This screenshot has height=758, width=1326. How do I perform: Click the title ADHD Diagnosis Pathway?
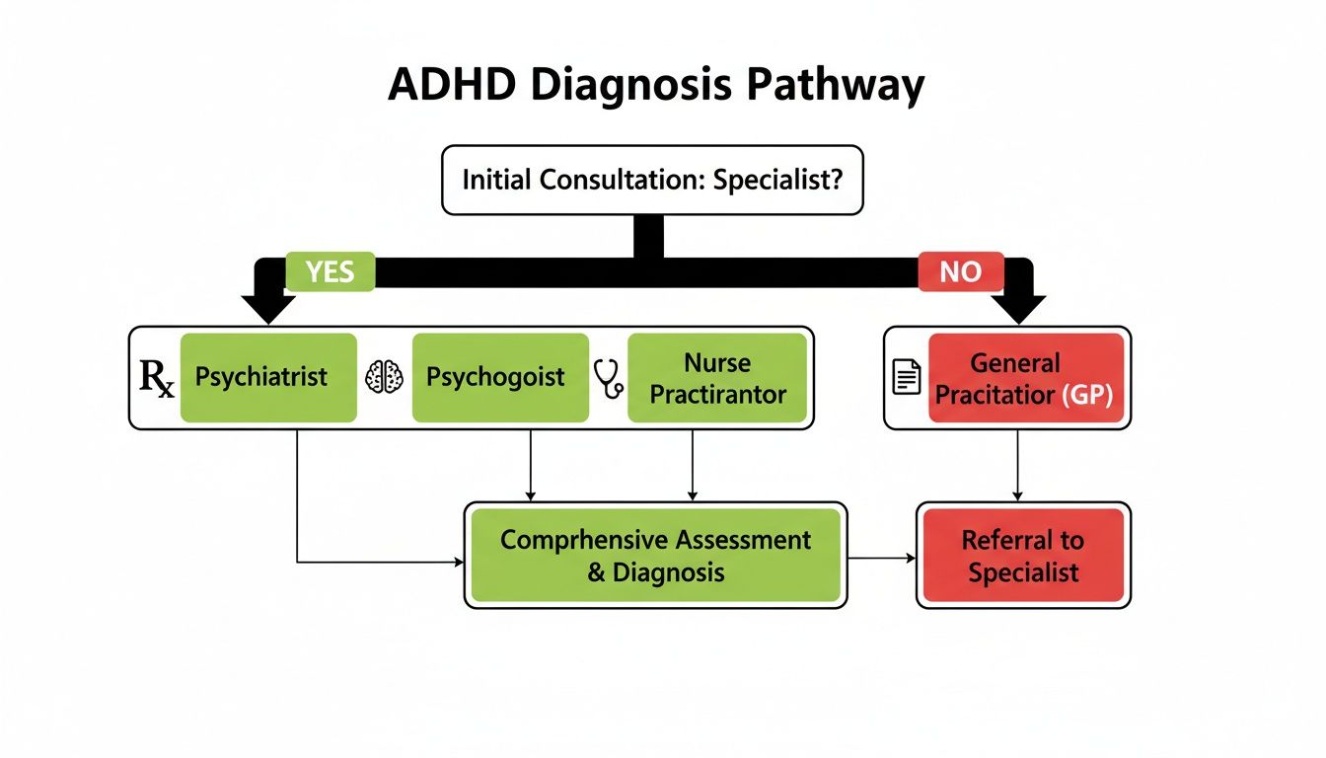(655, 86)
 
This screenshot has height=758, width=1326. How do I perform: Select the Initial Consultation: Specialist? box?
(652, 181)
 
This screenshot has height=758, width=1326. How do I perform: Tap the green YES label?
(330, 271)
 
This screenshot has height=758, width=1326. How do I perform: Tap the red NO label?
(960, 271)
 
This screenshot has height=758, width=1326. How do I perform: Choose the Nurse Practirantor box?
(716, 378)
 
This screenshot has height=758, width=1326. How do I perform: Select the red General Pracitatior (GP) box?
(1025, 378)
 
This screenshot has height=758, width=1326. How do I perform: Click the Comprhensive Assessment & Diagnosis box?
(655, 555)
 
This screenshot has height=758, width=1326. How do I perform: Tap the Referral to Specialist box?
(1022, 555)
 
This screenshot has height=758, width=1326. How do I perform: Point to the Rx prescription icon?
(157, 379)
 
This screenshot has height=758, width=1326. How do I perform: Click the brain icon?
(385, 378)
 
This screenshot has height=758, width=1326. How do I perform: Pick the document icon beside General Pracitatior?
(906, 378)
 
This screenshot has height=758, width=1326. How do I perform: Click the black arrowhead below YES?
(267, 309)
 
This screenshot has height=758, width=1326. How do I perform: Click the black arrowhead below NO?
(1018, 309)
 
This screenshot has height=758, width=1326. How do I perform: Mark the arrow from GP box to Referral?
(1018, 465)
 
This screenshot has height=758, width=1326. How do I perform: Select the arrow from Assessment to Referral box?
(882, 558)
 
